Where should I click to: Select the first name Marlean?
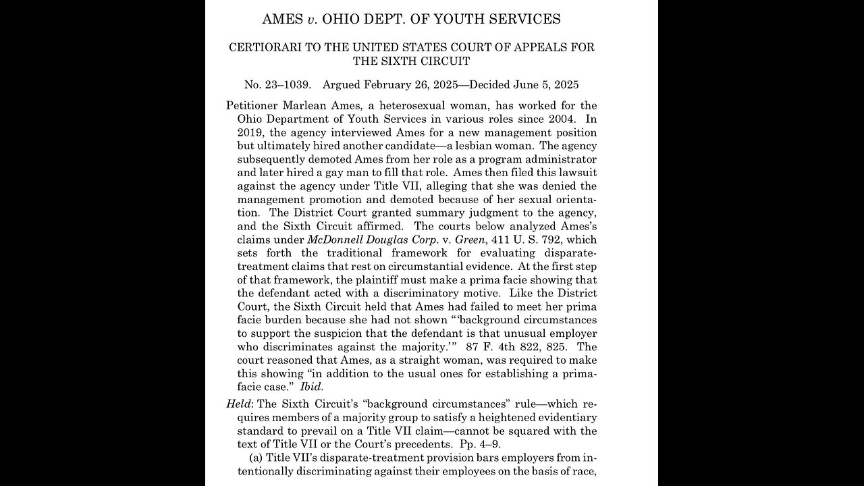tap(308, 105)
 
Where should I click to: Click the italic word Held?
tap(239, 404)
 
